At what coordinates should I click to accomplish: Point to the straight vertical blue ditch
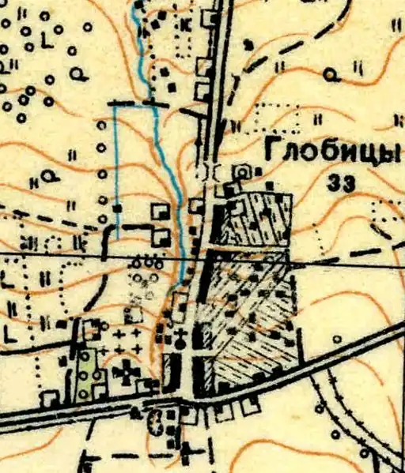tap(117, 158)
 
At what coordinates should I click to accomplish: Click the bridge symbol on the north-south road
tap(212, 171)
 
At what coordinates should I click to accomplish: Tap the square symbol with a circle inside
tap(241, 170)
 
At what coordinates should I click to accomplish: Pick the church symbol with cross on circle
tap(182, 342)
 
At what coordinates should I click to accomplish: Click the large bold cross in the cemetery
tap(127, 370)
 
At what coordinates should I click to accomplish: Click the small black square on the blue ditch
tap(117, 208)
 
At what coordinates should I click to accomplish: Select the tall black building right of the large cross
tap(171, 371)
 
